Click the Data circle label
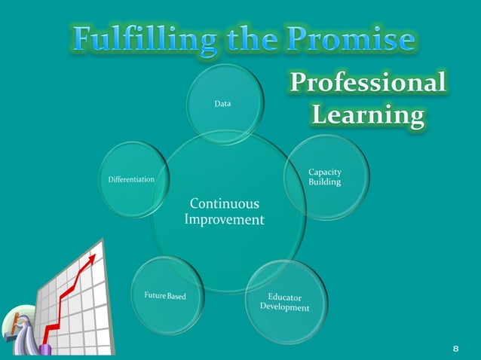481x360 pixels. tap(222, 103)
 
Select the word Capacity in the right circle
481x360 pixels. tap(325, 172)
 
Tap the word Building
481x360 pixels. tap(325, 182)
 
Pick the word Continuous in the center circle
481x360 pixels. tap(224, 204)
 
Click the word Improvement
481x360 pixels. tap(224, 220)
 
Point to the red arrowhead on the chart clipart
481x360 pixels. tap(93, 257)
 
